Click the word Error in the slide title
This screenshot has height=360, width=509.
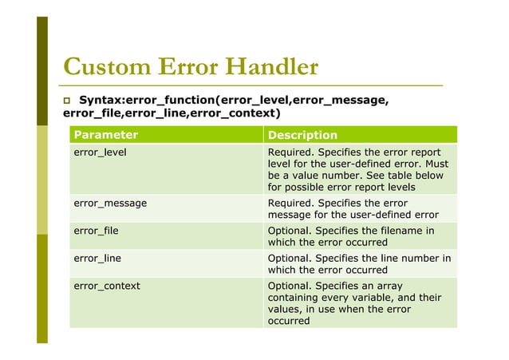click(184, 66)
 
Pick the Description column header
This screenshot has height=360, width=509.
click(302, 135)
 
